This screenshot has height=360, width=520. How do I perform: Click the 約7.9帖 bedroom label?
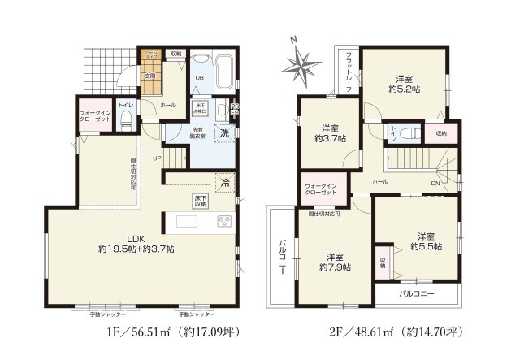coord(334,261)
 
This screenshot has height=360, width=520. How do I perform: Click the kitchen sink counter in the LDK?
coord(193,222)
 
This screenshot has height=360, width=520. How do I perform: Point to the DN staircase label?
coord(435,183)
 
